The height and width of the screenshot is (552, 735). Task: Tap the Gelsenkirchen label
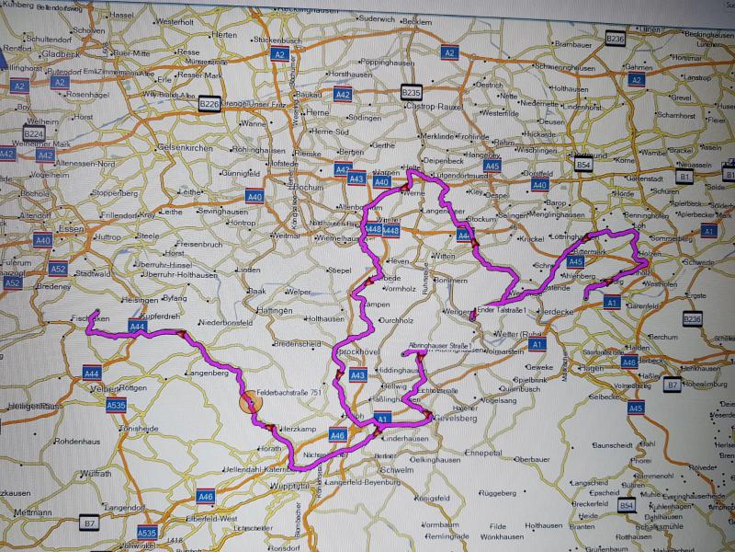185,148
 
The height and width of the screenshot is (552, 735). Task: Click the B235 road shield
411,92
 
